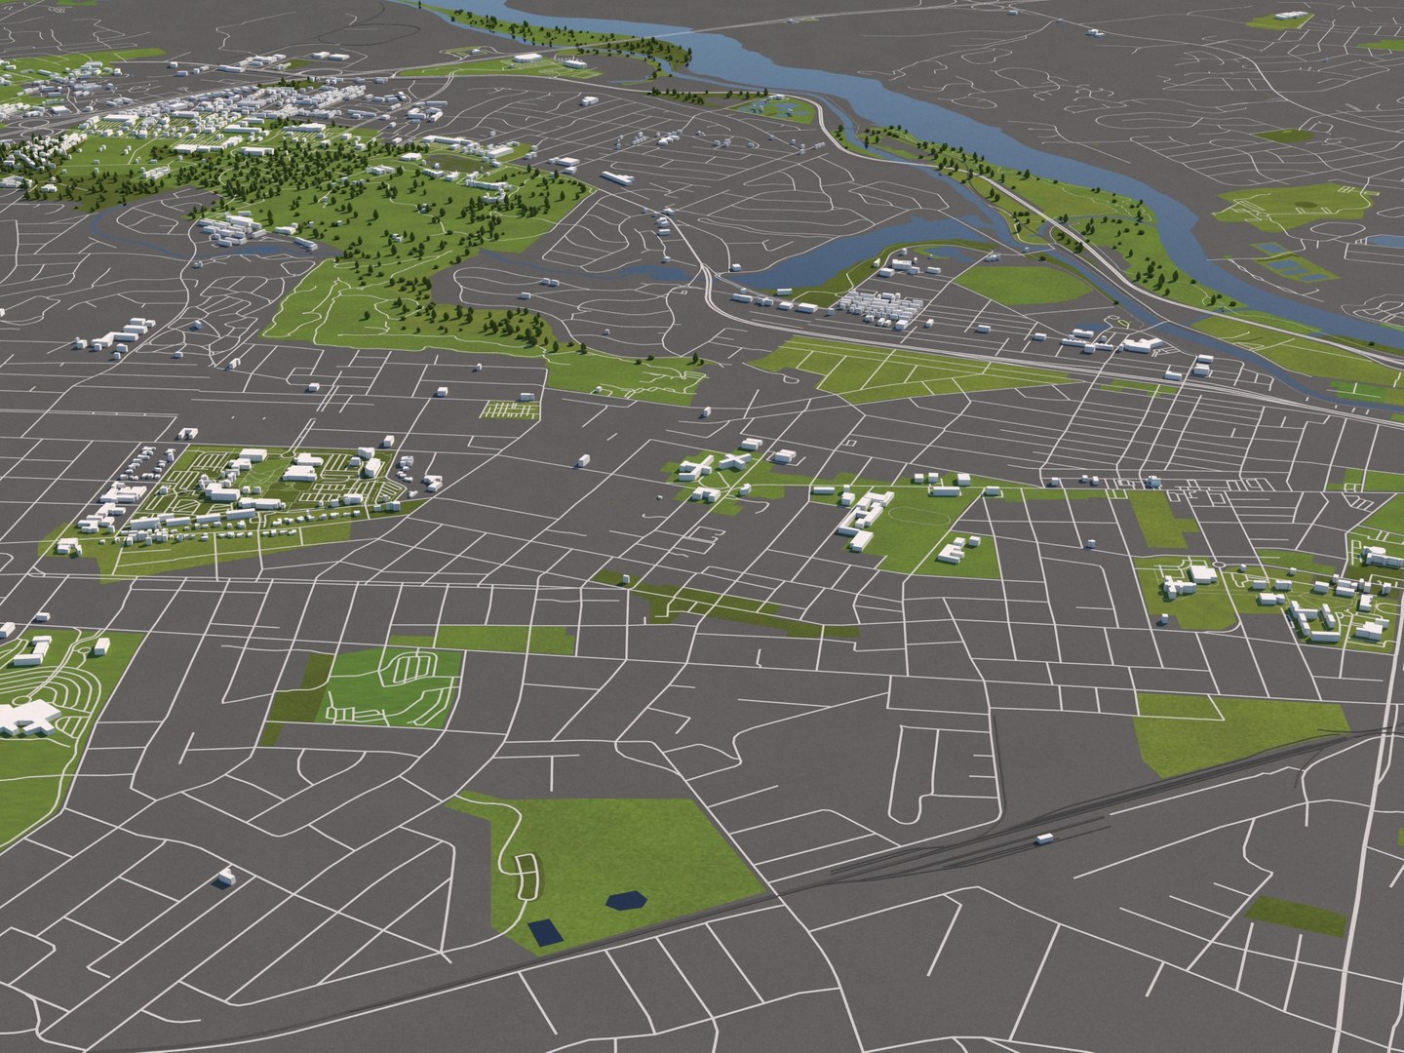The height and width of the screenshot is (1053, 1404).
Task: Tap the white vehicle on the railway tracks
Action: point(1044,838)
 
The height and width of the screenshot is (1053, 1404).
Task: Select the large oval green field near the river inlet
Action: point(1019,284)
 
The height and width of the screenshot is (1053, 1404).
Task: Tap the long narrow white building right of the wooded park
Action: point(616,178)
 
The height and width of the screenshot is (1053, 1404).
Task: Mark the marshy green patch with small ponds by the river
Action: point(770,106)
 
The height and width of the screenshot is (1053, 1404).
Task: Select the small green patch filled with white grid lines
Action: point(511,409)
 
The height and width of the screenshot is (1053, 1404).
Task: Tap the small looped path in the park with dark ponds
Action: point(526,875)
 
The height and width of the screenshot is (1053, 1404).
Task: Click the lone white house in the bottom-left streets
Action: point(226,877)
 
